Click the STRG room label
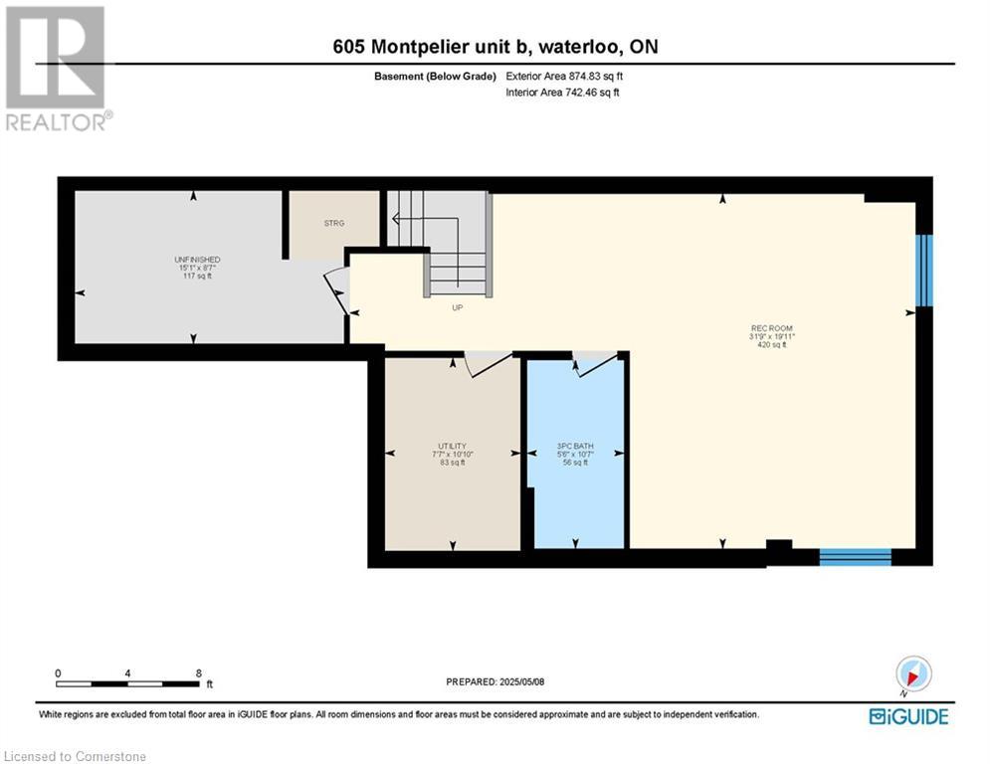pyautogui.click(x=333, y=223)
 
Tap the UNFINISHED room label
pyautogui.click(x=192, y=260)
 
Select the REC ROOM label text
pyautogui.click(x=771, y=328)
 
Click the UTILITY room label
pyautogui.click(x=452, y=446)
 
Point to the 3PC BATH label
pyautogui.click(x=575, y=446)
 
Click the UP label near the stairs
pyautogui.click(x=458, y=307)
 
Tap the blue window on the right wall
pyautogui.click(x=924, y=270)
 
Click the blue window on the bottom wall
pyautogui.click(x=855, y=556)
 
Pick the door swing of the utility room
pyautogui.click(x=488, y=364)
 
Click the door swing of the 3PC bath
pyautogui.click(x=594, y=365)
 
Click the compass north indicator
pyautogui.click(x=913, y=674)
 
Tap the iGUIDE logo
pyautogui.click(x=907, y=716)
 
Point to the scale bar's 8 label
pyautogui.click(x=199, y=673)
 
